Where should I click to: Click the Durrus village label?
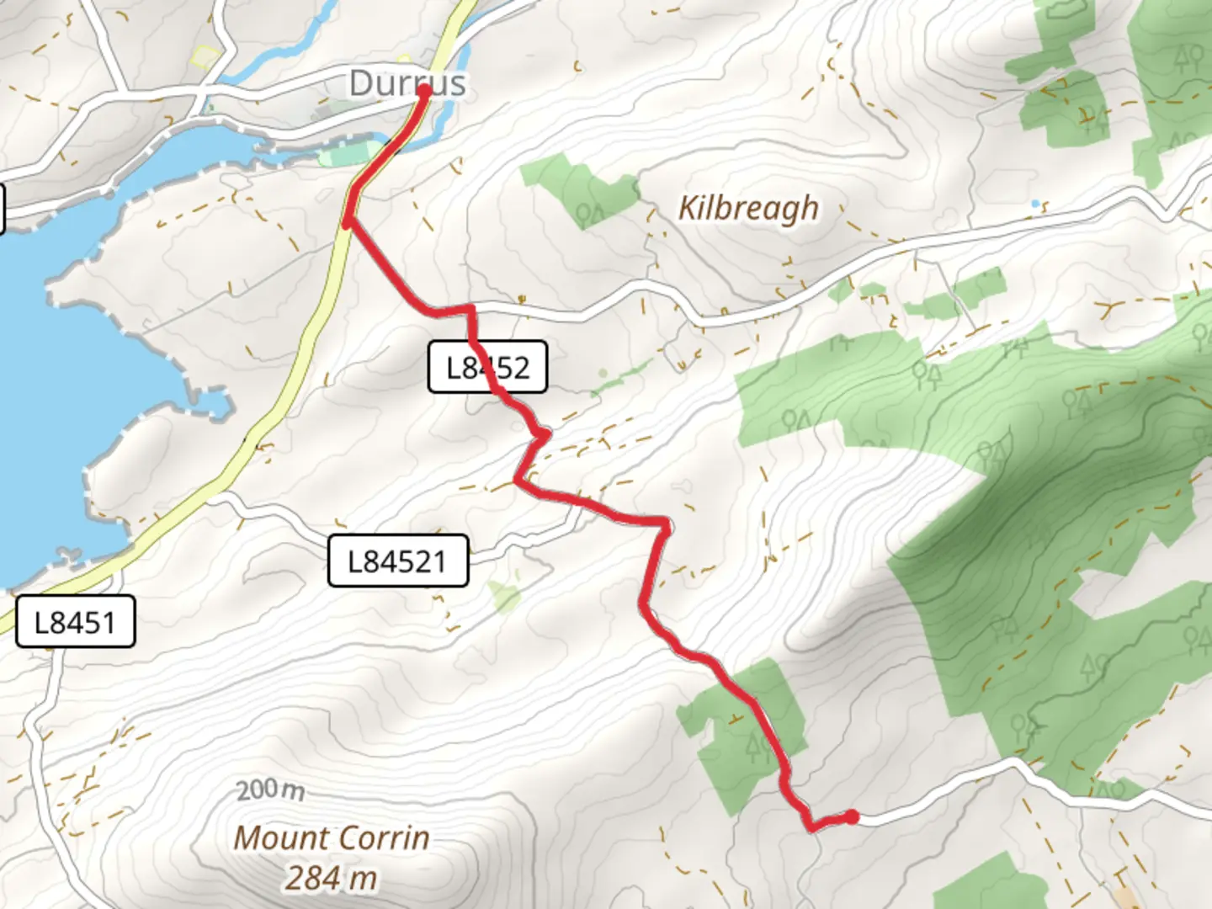(407, 82)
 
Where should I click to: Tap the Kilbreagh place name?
(748, 208)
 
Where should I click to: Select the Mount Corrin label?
(332, 837)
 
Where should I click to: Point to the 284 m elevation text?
(331, 878)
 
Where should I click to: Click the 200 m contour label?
(270, 790)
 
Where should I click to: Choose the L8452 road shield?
(487, 367)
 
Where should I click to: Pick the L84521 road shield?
(397, 561)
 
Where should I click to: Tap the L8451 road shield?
(75, 622)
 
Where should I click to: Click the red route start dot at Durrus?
(423, 90)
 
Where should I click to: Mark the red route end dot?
(852, 816)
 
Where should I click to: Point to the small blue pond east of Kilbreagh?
(1036, 204)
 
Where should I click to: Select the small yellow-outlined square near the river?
(204, 56)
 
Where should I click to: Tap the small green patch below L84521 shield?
(505, 596)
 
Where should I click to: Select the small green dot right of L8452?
(602, 373)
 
